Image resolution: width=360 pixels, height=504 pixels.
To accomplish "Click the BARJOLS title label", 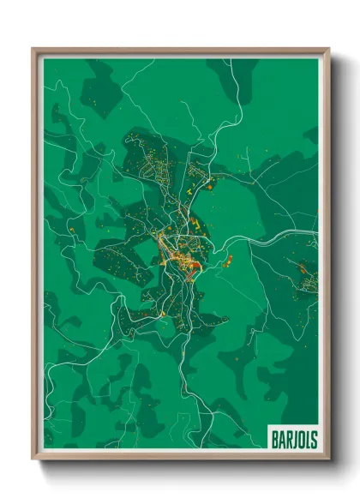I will (292, 437).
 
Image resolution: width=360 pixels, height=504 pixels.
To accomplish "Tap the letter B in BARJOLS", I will (274, 437).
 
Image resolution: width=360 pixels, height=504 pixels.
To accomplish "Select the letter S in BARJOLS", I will (312, 437).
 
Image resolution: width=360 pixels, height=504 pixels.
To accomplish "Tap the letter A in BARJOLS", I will (280, 437).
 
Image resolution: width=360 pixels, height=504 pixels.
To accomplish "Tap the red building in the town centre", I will (195, 268).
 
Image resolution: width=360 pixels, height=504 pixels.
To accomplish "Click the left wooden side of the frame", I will (37, 257).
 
